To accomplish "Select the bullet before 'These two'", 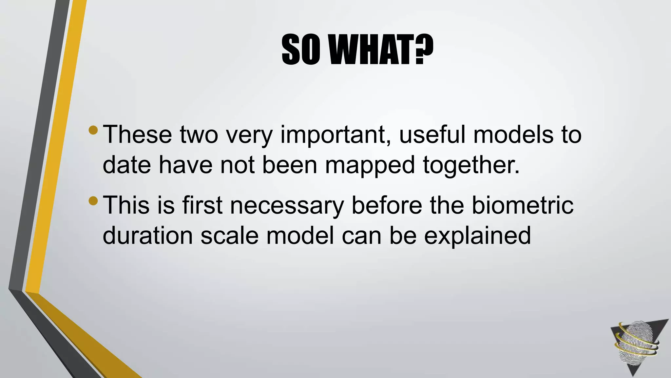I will (93, 130).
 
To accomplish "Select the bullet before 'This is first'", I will (93, 200).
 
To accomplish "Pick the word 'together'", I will (471, 165).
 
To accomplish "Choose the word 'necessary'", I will (287, 205).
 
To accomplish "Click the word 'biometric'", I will (523, 205).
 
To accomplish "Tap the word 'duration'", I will (148, 235).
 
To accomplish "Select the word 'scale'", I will (229, 235).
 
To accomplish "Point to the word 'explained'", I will (477, 236).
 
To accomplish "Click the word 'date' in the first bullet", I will (127, 165).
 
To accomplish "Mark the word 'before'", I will (387, 205).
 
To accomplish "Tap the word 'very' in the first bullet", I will (249, 135).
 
